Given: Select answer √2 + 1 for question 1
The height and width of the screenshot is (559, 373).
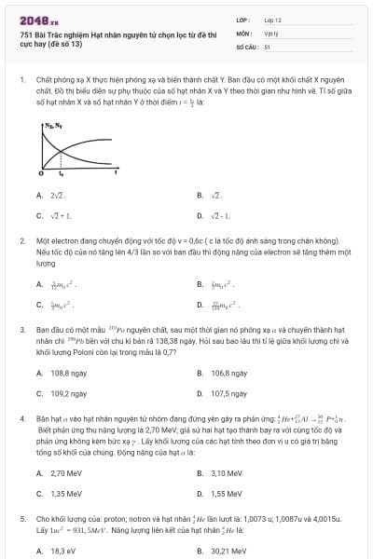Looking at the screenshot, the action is coord(61,215).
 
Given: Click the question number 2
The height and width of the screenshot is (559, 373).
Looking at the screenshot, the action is coord(21,240).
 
